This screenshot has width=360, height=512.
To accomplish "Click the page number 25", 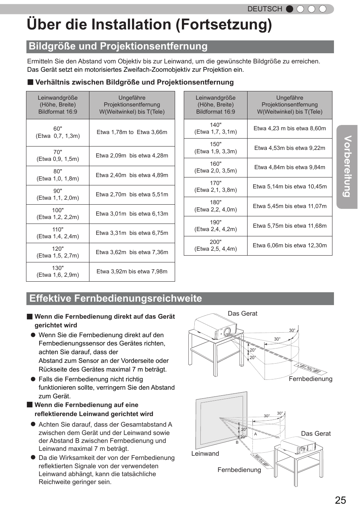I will [340, 500].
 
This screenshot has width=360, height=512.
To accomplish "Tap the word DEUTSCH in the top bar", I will [265, 9].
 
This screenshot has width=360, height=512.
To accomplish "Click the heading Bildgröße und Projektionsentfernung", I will [118, 46].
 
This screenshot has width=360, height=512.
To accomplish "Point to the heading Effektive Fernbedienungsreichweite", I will [115, 299].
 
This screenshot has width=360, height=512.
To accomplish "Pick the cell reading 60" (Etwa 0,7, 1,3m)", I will [58, 133].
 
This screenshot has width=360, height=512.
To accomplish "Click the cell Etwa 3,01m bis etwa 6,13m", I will [132, 214].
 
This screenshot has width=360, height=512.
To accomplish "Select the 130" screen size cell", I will [58, 271].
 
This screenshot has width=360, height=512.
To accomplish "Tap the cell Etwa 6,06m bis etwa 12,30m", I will [290, 245].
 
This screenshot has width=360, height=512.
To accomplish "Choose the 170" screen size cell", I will [215, 187].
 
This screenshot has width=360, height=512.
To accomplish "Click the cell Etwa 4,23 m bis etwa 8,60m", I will [290, 128].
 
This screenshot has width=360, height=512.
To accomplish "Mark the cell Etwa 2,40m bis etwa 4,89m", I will [132, 175].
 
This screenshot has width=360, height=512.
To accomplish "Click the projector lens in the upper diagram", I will [227, 332].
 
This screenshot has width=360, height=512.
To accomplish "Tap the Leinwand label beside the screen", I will [205, 454].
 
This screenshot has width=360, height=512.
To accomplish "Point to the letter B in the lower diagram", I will [237, 443].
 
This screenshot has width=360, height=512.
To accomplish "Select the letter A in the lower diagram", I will [255, 434].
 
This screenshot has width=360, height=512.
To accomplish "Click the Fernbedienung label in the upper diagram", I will [311, 379].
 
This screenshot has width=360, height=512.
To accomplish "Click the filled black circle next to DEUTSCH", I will [289, 9].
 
